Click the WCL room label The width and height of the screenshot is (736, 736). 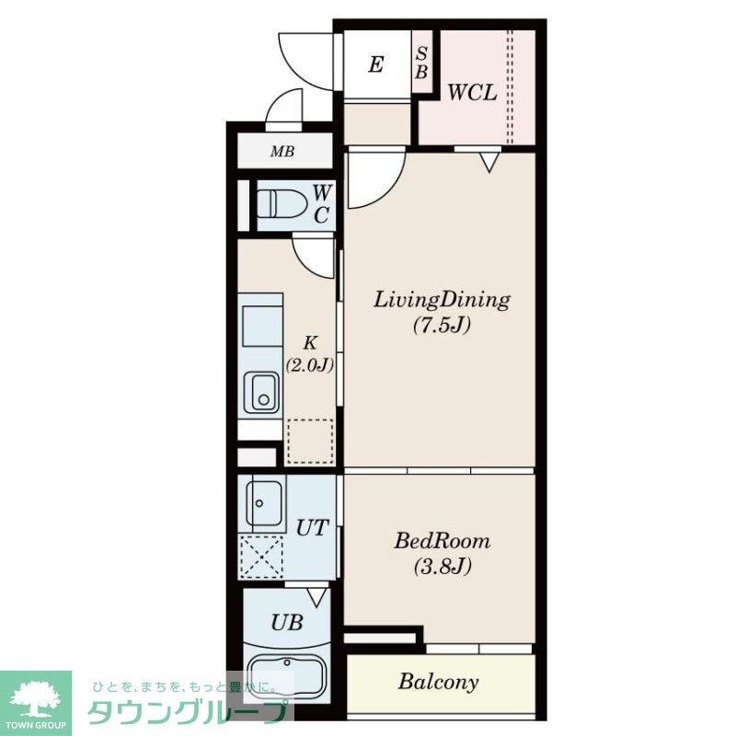[x=472, y=93]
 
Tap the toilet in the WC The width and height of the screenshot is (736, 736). [x=282, y=203]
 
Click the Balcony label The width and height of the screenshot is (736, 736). [x=439, y=682]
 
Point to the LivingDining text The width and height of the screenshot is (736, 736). [x=442, y=301]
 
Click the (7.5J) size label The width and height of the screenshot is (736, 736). [x=442, y=325]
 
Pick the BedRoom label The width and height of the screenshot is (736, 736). [x=443, y=541]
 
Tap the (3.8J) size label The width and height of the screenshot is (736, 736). [x=443, y=567]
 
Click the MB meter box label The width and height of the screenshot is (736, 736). [x=282, y=152]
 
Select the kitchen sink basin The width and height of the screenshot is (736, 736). [x=261, y=393]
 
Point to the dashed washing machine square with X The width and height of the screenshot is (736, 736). [x=261, y=558]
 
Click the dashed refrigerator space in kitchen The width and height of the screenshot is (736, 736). [x=310, y=442]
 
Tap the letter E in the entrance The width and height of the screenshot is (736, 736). [x=376, y=64]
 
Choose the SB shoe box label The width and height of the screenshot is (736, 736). [x=421, y=63]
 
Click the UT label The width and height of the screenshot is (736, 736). [x=311, y=528]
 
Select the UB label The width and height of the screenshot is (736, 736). [x=286, y=623]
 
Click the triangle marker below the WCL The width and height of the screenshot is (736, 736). [x=489, y=163]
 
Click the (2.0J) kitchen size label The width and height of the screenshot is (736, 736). [x=310, y=364]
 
